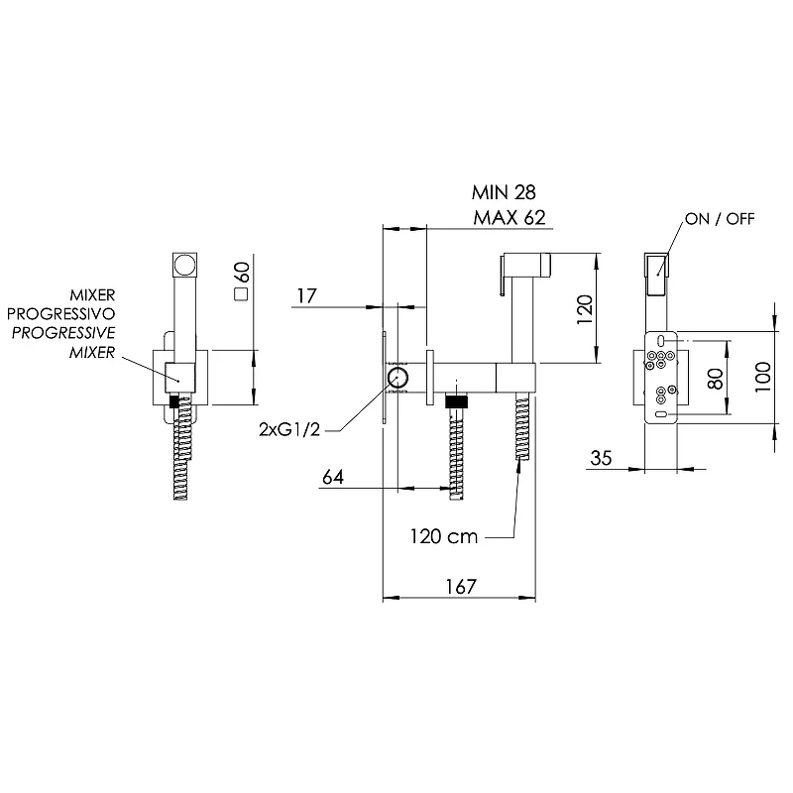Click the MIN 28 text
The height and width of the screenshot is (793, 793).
point(504,192)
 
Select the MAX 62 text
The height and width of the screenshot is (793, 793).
point(510,217)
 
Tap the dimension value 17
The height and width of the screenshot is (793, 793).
point(307,295)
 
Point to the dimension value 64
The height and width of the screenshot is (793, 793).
point(333,477)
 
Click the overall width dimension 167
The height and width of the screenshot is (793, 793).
point(461,587)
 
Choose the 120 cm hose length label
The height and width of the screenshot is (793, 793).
point(443,536)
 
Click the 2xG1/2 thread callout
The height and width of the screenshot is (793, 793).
point(289,429)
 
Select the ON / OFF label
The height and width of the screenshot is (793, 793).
point(720,219)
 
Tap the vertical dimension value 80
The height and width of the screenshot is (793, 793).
point(715,379)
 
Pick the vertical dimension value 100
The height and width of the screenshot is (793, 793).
point(762,377)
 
